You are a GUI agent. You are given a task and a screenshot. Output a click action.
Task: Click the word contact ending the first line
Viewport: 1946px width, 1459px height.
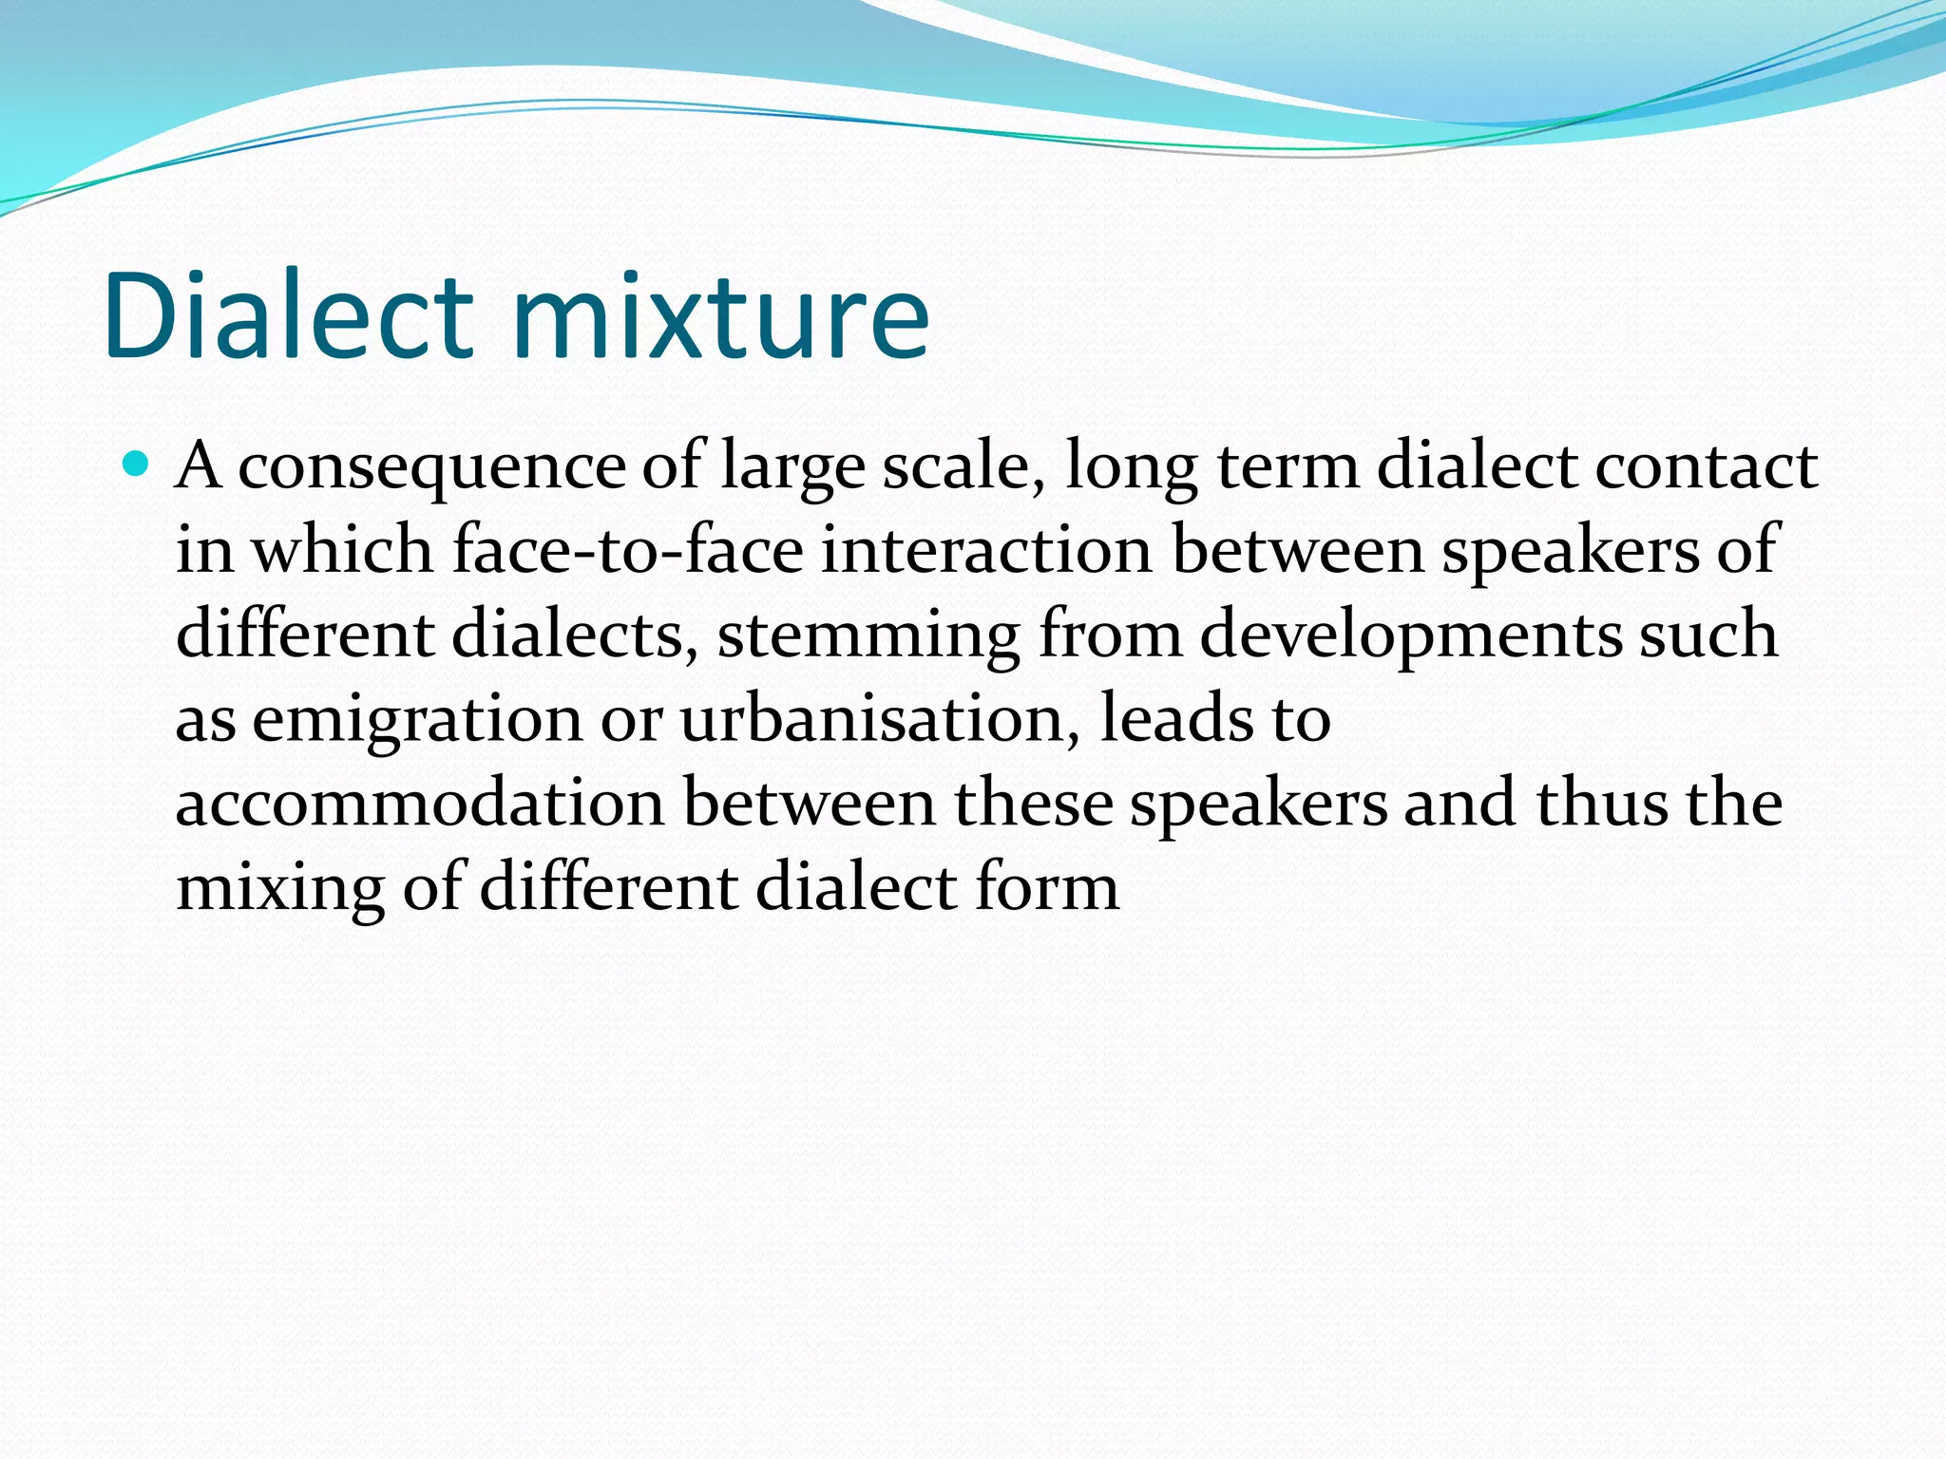1706,466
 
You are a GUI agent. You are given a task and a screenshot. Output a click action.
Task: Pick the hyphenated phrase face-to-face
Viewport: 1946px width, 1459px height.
627,550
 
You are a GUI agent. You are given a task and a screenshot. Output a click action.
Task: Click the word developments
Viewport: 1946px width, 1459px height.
1410,635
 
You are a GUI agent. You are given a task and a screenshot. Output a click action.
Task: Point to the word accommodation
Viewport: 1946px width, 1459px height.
419,803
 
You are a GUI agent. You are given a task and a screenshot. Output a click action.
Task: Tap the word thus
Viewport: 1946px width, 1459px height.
1601,803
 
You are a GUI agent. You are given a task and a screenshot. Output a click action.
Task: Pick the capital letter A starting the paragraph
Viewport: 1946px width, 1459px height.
199,466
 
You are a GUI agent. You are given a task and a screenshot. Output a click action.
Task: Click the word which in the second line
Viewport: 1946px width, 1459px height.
342,550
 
